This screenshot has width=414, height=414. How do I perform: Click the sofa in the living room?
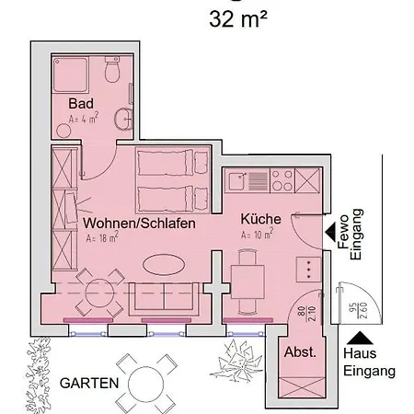point(162,295)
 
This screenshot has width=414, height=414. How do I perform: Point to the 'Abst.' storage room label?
point(300,352)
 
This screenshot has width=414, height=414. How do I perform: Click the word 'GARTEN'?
point(88,381)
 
